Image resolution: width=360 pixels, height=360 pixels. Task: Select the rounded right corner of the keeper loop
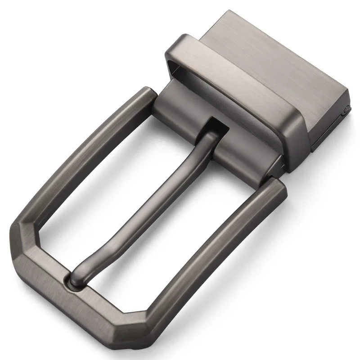click(292, 128)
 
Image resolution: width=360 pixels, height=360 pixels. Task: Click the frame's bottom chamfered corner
click(135, 333)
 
